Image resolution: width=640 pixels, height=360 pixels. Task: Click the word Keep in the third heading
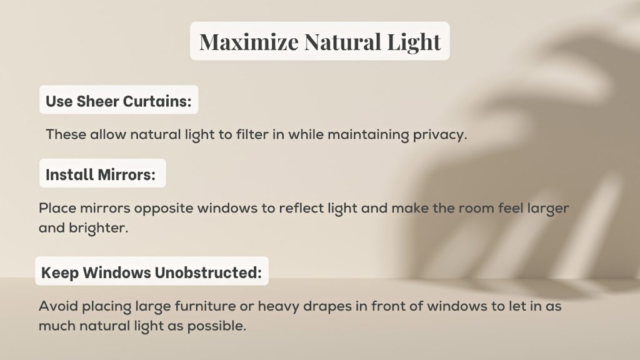[x=59, y=273]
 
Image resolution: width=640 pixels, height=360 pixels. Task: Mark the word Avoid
[x=57, y=307]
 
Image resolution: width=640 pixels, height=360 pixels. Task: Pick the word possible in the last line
[x=216, y=327]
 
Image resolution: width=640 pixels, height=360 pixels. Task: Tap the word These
[x=66, y=135]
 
